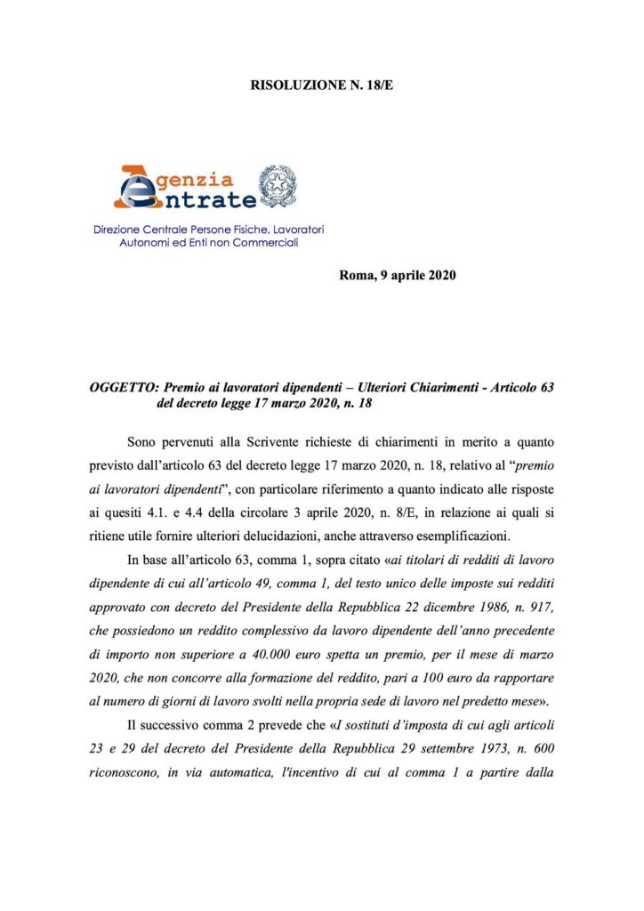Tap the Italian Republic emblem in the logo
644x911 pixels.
point(278,186)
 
